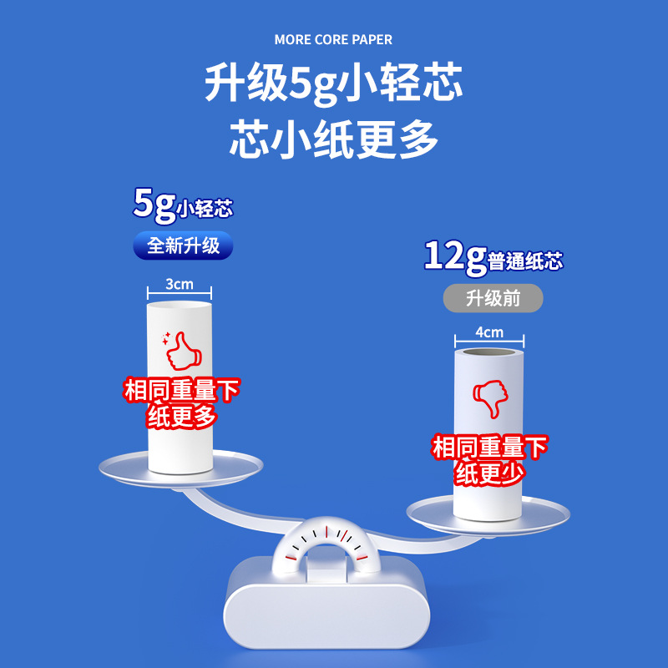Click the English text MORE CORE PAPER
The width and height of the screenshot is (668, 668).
pos(333,39)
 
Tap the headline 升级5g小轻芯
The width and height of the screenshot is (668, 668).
pos(333,83)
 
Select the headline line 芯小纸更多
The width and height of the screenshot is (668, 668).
pos(333,139)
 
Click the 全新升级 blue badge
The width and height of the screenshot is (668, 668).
pos(183,245)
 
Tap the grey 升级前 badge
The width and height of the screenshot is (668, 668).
pos(493,298)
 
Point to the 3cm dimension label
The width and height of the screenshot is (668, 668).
pos(179,284)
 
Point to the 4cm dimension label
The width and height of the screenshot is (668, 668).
pos(489,332)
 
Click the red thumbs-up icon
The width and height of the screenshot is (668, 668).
pos(184,352)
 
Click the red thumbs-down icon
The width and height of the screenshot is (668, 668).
pos(490,399)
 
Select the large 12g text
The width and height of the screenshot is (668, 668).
pos(455,257)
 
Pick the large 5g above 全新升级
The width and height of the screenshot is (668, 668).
pos(154,205)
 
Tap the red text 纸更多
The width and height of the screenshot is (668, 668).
pos(182,416)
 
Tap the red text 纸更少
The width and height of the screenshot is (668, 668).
pos(489,473)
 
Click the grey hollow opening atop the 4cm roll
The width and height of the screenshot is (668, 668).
pos(489,352)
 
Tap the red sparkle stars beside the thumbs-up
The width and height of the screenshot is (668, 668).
pos(165,339)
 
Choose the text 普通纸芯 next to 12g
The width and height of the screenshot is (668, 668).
pos(525,261)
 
